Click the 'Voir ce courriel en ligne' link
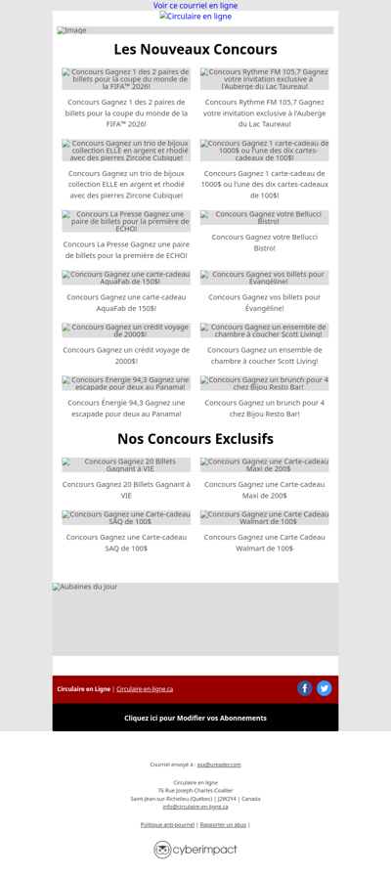click(195, 5)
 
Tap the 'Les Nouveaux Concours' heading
click(195, 49)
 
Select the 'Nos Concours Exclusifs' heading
click(195, 439)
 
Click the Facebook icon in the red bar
click(305, 688)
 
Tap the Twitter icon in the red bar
click(325, 688)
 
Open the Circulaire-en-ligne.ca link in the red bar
click(145, 689)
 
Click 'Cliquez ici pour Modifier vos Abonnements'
click(195, 718)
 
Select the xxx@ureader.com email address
click(219, 765)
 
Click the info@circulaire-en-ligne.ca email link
click(195, 807)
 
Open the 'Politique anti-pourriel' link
click(167, 825)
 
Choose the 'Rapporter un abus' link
click(223, 825)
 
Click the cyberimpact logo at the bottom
click(195, 850)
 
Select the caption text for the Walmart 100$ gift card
click(265, 543)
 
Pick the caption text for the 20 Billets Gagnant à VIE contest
click(126, 489)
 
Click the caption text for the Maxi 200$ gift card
click(265, 489)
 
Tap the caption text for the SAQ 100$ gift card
click(126, 543)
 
